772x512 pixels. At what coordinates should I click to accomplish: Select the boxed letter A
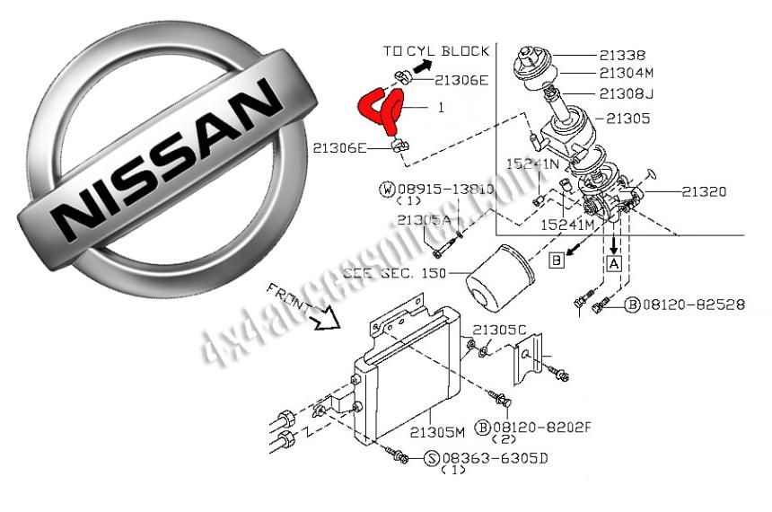pyautogui.click(x=614, y=264)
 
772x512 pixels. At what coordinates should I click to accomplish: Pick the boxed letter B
pyautogui.click(x=557, y=261)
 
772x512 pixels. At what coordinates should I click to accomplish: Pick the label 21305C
pyautogui.click(x=499, y=330)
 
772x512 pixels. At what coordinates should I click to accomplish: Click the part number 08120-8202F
pyautogui.click(x=541, y=428)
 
